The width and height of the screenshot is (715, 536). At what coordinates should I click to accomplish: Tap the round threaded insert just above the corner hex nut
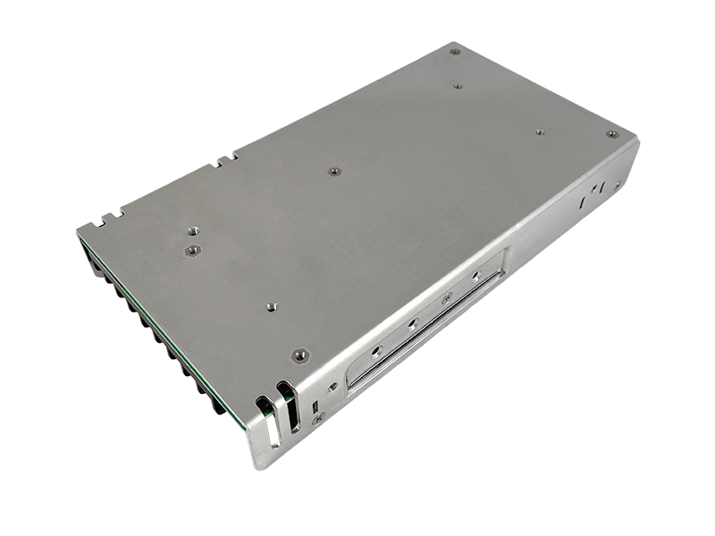click(272, 306)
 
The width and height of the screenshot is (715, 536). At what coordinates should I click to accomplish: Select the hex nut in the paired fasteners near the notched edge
click(190, 251)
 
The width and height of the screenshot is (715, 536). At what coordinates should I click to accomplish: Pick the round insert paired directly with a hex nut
click(192, 231)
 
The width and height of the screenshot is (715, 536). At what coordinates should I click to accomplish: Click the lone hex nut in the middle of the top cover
click(333, 171)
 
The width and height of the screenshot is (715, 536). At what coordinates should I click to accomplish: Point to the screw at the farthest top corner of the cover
click(454, 52)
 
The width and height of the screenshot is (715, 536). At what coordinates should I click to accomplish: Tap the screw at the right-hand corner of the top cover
click(611, 135)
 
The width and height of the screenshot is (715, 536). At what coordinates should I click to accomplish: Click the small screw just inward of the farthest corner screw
click(458, 87)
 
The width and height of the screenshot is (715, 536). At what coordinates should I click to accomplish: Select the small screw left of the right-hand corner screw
click(540, 132)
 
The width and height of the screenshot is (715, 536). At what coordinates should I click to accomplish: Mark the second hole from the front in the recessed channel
click(413, 323)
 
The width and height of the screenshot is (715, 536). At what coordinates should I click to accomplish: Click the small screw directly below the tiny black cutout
click(316, 420)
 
